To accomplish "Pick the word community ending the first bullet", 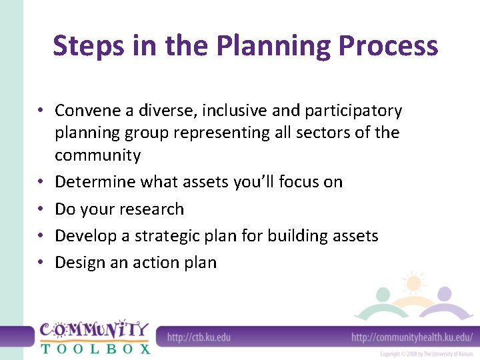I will (x=97, y=155).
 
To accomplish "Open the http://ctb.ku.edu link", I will (x=198, y=337).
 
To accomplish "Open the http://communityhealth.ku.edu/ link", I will (x=411, y=337).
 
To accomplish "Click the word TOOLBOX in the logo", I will (x=95, y=347).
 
